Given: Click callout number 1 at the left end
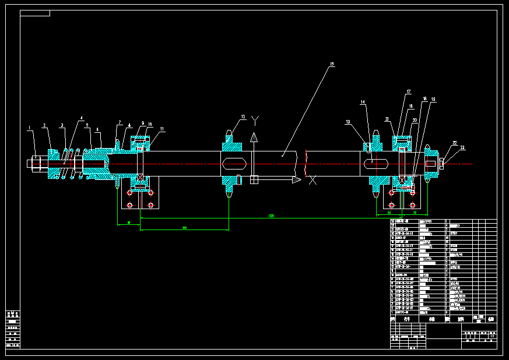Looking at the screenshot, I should [x=29, y=128].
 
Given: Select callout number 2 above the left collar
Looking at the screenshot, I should [x=44, y=125].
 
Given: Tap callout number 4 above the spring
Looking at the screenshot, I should [x=82, y=118].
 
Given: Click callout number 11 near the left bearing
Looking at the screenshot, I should [x=162, y=129].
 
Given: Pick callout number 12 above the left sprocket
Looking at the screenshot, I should [x=244, y=117].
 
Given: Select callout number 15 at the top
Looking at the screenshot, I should [x=332, y=64].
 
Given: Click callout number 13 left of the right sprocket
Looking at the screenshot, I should [x=348, y=122].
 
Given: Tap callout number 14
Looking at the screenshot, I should [x=363, y=103].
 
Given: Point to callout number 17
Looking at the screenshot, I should [x=409, y=92].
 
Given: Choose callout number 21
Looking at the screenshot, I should [x=387, y=119].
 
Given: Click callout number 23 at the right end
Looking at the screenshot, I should [x=462, y=147].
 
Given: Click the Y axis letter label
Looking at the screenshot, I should [x=254, y=119].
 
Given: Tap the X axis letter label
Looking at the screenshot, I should [x=313, y=180].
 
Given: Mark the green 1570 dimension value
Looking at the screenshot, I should [x=271, y=216].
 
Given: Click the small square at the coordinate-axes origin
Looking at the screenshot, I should [x=254, y=180].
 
